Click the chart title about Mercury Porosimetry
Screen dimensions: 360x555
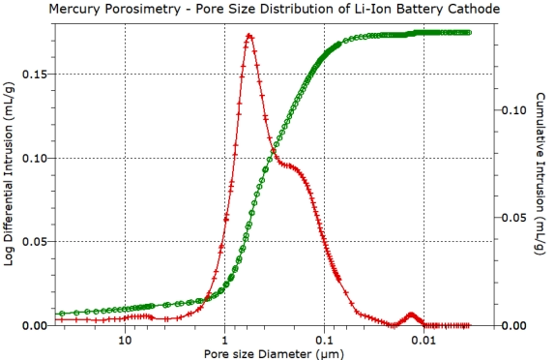tap(277, 10)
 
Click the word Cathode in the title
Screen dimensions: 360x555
tap(502, 10)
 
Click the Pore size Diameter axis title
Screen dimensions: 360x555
tap(277, 353)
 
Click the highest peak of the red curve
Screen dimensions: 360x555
tap(249, 36)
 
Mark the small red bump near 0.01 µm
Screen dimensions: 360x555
tap(412, 315)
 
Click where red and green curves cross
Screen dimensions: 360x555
tap(274, 149)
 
